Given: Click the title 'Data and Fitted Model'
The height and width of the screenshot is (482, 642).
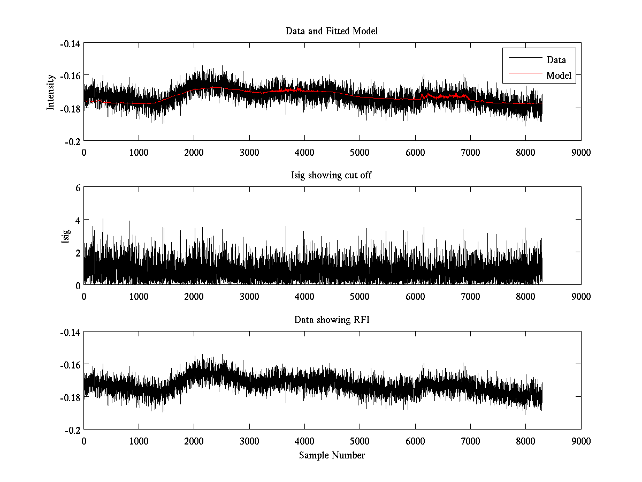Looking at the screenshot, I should pyautogui.click(x=332, y=31).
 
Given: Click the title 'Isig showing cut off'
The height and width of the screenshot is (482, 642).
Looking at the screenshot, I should pyautogui.click(x=332, y=176).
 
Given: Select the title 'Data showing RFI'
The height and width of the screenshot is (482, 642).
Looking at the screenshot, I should pyautogui.click(x=332, y=320).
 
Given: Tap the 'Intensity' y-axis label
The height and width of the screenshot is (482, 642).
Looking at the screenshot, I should pyautogui.click(x=51, y=92).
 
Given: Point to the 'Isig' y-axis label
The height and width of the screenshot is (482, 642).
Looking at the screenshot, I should pyautogui.click(x=65, y=236).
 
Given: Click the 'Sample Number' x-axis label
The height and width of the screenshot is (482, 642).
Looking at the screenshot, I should pyautogui.click(x=332, y=456).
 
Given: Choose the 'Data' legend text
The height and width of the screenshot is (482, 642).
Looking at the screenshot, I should pyautogui.click(x=556, y=60).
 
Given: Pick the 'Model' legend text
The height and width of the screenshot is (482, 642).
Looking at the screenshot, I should pyautogui.click(x=559, y=76).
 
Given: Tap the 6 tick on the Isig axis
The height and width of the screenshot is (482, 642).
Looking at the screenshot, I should pyautogui.click(x=77, y=188).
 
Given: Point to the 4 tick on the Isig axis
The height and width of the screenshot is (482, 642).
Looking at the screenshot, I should pyautogui.click(x=77, y=220).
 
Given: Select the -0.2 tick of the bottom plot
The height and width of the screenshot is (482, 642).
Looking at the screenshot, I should pyautogui.click(x=73, y=430).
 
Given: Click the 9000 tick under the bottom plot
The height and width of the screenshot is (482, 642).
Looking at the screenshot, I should pyautogui.click(x=581, y=441).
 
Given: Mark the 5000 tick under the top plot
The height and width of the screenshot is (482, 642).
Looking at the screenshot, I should pyautogui.click(x=360, y=152).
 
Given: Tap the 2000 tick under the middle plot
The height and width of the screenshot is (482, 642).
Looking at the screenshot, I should pyautogui.click(x=194, y=297).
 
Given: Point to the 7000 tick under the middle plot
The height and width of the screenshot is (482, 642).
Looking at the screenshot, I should pyautogui.click(x=470, y=297).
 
